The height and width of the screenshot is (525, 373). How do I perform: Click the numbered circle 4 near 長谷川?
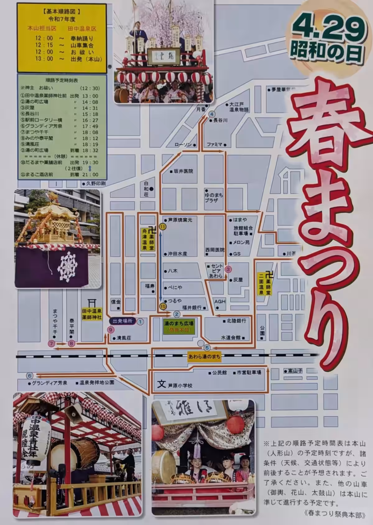click(212, 114)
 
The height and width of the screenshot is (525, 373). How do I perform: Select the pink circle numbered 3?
click(228, 269)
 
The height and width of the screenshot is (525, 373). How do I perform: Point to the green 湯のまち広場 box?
click(179, 326)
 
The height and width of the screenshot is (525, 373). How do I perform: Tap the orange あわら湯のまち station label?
click(204, 357)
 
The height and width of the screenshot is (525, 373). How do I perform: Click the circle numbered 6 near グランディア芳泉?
click(30, 375)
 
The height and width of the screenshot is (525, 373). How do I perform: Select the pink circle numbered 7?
click(51, 344)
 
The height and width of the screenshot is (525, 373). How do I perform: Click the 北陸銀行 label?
click(236, 321)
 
